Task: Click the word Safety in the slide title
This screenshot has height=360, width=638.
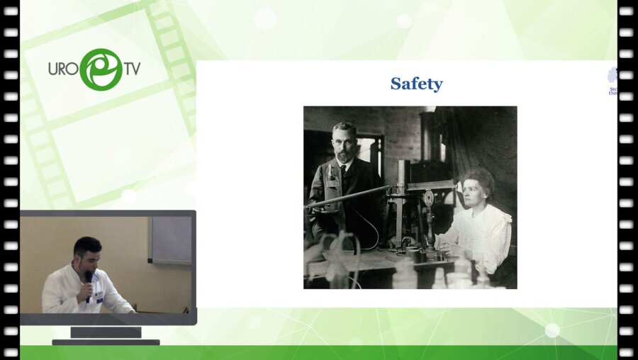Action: pyautogui.click(x=416, y=84)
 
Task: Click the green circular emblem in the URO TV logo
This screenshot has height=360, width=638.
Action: pyautogui.click(x=101, y=69)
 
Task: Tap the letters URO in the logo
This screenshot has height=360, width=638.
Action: pyautogui.click(x=63, y=69)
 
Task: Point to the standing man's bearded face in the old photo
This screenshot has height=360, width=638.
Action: pyautogui.click(x=345, y=142)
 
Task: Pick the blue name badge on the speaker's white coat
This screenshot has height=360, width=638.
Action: pyautogui.click(x=99, y=298)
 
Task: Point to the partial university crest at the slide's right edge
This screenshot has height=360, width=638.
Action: pyautogui.click(x=613, y=79)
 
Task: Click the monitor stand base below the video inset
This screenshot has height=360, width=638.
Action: pyautogui.click(x=106, y=341)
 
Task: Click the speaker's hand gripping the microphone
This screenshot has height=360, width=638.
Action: pyautogui.click(x=86, y=290)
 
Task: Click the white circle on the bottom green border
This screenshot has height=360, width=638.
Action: pyautogui.click(x=552, y=330)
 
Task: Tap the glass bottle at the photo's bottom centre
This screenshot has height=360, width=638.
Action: pyautogui.click(x=405, y=273)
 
